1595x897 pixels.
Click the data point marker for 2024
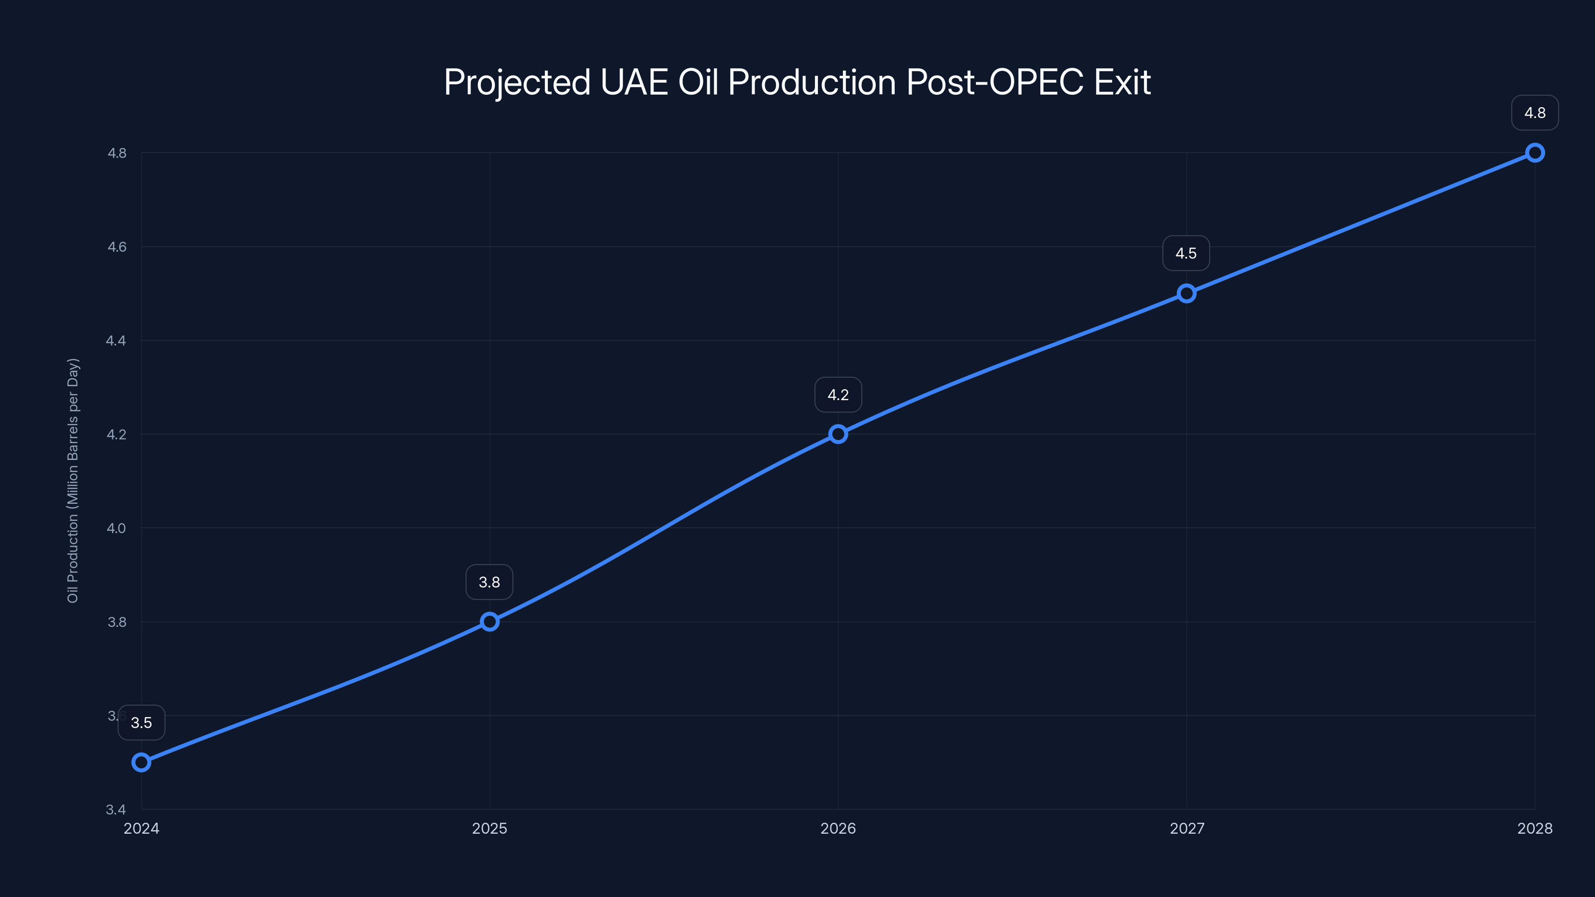pyautogui.click(x=141, y=762)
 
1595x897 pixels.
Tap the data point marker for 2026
pyautogui.click(x=838, y=434)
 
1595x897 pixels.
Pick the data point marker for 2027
pyautogui.click(x=1186, y=294)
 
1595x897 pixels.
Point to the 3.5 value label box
pyautogui.click(x=142, y=723)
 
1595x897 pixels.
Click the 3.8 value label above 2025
pyautogui.click(x=489, y=582)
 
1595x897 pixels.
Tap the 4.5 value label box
pyautogui.click(x=1186, y=253)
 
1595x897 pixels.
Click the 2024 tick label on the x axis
pyautogui.click(x=141, y=828)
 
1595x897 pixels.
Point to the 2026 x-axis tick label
pyautogui.click(x=838, y=828)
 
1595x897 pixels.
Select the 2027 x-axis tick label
pyautogui.click(x=1186, y=828)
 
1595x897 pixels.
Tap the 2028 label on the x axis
pyautogui.click(x=1534, y=828)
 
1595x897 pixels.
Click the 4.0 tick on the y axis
pyautogui.click(x=117, y=528)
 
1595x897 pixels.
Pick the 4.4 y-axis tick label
pyautogui.click(x=117, y=340)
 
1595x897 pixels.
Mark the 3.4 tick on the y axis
pyautogui.click(x=117, y=809)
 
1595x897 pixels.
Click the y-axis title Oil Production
pyautogui.click(x=73, y=480)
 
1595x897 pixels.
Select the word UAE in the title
pyautogui.click(x=634, y=82)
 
